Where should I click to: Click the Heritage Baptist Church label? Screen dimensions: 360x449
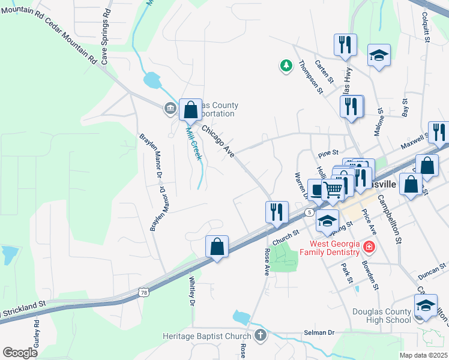click(x=206, y=335)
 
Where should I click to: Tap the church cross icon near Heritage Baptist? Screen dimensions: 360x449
click(x=260, y=335)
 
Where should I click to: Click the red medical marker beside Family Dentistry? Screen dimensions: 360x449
click(x=369, y=247)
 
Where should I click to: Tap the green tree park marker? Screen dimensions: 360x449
click(x=286, y=65)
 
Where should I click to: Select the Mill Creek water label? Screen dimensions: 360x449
click(x=193, y=142)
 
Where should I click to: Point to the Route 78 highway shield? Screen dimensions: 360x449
click(x=143, y=293)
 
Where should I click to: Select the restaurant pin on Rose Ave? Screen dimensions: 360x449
click(x=277, y=212)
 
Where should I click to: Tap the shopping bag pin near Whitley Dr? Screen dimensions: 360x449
click(x=217, y=247)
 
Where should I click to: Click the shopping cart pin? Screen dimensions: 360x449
click(x=333, y=190)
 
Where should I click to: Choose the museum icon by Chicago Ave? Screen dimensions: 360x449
click(x=170, y=109)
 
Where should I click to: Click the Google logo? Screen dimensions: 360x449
click(x=20, y=353)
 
